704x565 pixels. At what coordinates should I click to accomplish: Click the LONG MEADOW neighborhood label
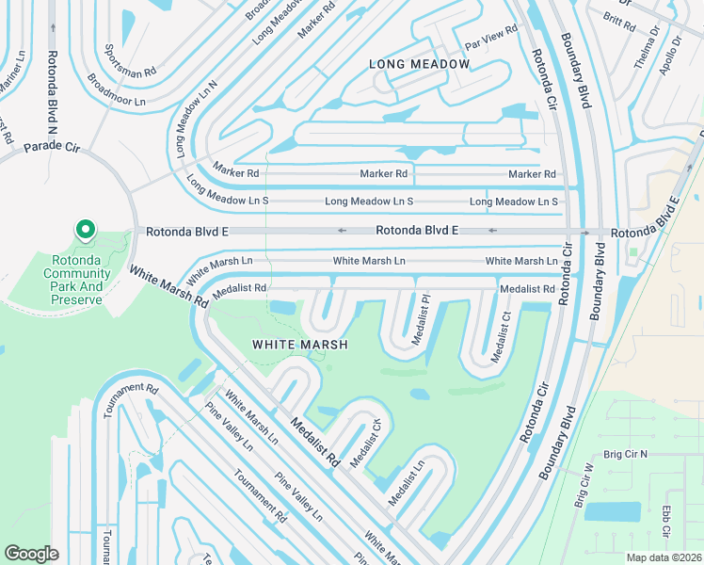419,64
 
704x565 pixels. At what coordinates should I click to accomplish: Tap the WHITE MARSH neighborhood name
300,345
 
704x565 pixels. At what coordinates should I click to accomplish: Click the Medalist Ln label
407,479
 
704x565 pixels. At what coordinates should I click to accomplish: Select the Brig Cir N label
626,454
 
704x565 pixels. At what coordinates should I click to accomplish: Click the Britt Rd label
620,20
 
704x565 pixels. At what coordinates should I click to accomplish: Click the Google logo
31,554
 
